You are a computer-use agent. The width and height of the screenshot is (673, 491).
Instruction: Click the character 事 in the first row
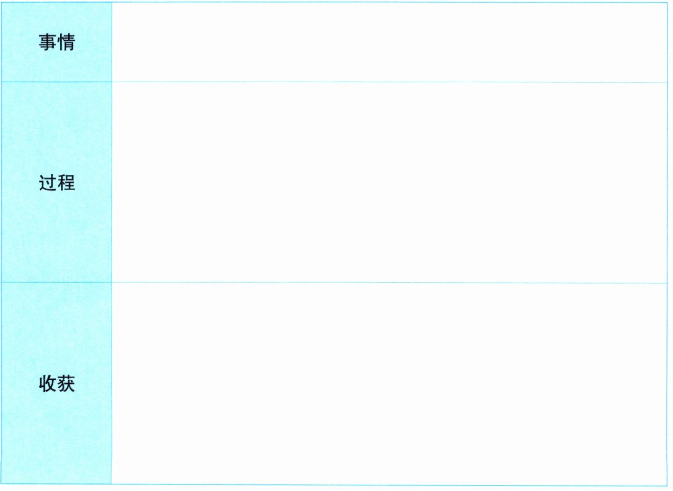coord(48,42)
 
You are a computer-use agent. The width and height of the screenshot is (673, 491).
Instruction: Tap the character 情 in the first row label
coord(66,42)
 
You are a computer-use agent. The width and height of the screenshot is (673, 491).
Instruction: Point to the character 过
coord(48,182)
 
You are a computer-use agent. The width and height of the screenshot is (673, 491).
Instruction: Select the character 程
coord(66,182)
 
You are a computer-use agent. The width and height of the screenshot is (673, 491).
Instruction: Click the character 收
coord(48,384)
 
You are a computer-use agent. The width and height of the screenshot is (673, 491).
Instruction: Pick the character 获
coord(66,384)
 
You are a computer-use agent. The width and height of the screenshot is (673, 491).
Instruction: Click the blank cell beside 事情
coord(389,42)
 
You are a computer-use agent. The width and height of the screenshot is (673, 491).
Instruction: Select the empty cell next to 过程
coord(389,182)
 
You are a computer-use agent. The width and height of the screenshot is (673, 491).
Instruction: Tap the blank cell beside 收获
coord(389,383)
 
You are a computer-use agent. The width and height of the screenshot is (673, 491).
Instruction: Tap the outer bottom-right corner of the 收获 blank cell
coord(667,484)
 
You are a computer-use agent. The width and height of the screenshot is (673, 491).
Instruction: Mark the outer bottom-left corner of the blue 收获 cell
coord(1,484)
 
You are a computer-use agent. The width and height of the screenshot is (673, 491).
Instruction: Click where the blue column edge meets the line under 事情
coord(112,82)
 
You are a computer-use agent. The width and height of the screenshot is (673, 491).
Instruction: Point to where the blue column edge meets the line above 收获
coord(112,283)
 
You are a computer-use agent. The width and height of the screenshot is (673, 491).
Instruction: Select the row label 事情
coord(57,42)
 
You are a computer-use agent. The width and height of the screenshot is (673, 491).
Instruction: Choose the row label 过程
coord(57,182)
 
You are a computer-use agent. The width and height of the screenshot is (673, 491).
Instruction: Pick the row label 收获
coord(57,384)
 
